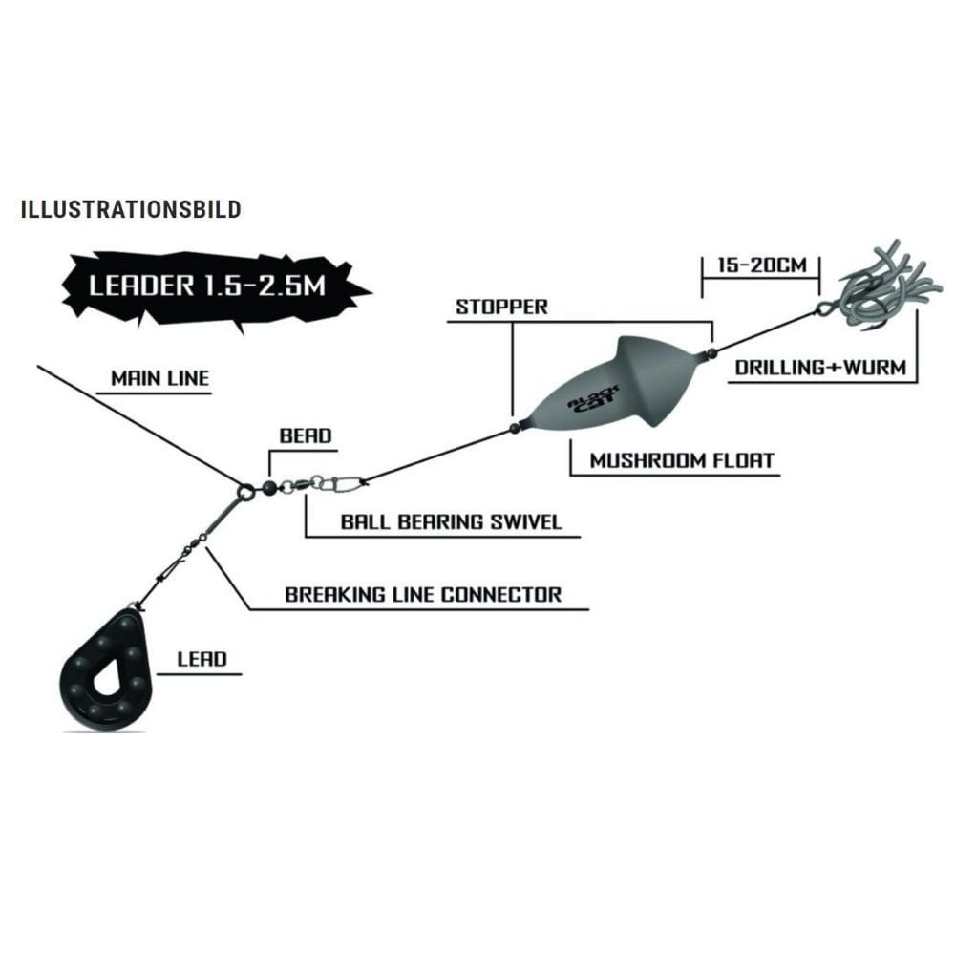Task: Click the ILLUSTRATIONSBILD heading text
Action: tap(130, 209)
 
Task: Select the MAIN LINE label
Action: tap(159, 377)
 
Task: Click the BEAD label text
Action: tap(305, 436)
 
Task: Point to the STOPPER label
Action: tap(501, 307)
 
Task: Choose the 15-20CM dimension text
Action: tap(760, 265)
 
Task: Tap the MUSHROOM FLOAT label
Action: tap(681, 460)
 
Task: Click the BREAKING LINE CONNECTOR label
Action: tap(423, 594)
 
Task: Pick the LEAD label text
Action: tap(202, 659)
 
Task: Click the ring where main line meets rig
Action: tap(245, 492)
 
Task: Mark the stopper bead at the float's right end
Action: tap(711, 354)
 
